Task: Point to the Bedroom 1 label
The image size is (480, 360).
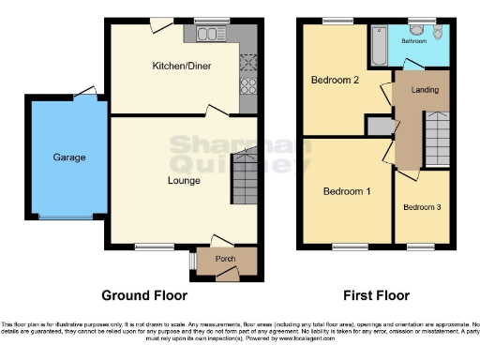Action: tap(347, 192)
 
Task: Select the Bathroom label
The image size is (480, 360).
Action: tap(415, 42)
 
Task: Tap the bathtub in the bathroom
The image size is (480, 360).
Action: tap(378, 45)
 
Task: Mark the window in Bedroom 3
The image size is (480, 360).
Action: tap(420, 247)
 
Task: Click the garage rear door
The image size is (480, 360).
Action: tap(86, 92)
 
